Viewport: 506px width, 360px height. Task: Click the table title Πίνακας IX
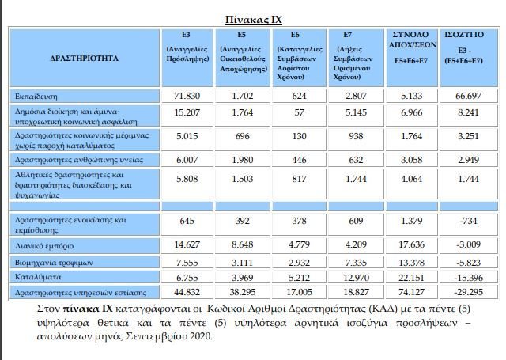(253, 19)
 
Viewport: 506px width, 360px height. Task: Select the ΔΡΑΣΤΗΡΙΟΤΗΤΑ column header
(84, 59)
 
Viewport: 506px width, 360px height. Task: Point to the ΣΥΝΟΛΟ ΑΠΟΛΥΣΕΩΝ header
(410, 40)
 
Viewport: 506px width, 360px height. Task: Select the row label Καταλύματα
(38, 278)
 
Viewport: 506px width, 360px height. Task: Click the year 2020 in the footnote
(198, 335)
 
